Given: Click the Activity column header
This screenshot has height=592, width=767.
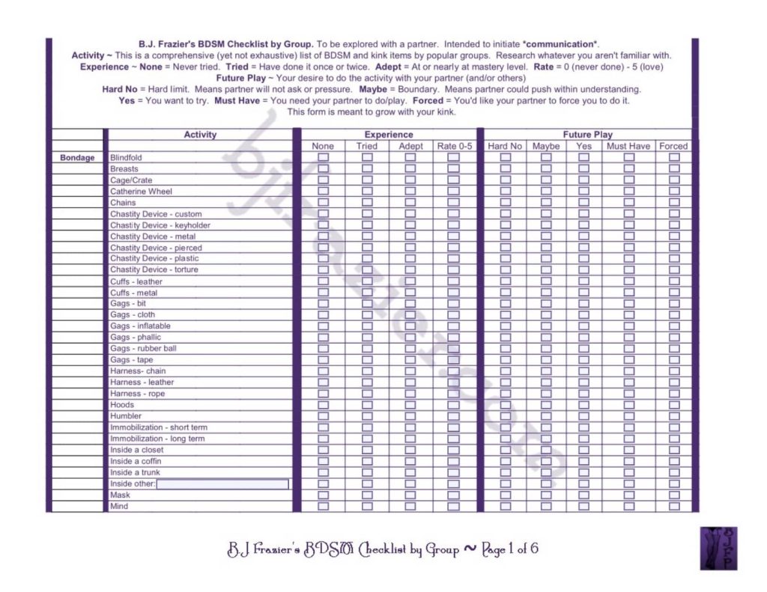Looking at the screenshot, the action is click(200, 135).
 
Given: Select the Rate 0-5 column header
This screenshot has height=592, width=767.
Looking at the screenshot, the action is click(455, 146).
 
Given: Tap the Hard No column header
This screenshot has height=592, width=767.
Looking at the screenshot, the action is click(505, 146).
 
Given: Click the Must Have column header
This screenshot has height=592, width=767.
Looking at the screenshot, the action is click(628, 146).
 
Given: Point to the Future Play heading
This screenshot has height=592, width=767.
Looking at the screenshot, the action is click(588, 135).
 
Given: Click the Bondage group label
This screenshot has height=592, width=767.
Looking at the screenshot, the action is click(77, 158).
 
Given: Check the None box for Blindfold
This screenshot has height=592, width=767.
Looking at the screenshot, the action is click(323, 158).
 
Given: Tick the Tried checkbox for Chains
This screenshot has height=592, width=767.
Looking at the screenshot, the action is click(367, 203).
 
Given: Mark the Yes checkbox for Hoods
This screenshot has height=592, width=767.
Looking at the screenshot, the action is click(583, 405).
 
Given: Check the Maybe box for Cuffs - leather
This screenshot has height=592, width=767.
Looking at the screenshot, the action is click(546, 281).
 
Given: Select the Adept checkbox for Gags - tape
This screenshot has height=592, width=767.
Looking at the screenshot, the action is click(410, 360).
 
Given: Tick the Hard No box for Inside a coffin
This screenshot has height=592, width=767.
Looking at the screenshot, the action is click(505, 461).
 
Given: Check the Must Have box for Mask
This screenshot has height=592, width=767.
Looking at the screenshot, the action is click(628, 495).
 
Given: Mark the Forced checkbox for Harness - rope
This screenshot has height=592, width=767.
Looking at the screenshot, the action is click(674, 394).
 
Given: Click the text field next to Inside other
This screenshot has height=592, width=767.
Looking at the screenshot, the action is click(222, 484).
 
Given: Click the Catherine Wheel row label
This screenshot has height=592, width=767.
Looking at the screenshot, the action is click(141, 192).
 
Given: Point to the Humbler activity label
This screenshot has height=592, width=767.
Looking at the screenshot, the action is click(126, 416).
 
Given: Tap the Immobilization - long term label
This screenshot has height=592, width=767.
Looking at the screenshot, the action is click(157, 439).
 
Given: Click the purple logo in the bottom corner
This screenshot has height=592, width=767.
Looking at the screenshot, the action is click(719, 549).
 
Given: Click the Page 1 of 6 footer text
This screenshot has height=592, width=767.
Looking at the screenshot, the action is click(509, 549).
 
